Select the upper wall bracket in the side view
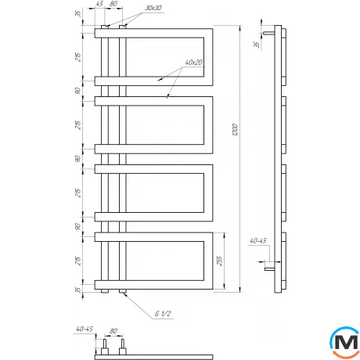point(268,34)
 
